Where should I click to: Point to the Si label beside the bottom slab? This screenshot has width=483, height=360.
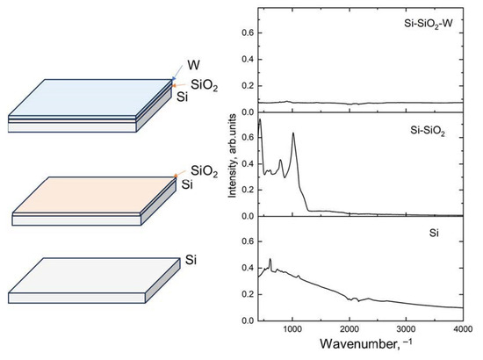(191, 261)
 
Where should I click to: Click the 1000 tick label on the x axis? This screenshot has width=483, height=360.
(292, 327)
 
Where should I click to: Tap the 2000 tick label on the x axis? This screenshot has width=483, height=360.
(349, 327)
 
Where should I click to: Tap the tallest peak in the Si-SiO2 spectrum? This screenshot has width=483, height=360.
(260, 120)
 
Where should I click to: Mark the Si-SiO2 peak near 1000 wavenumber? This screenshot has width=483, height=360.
(292, 133)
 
